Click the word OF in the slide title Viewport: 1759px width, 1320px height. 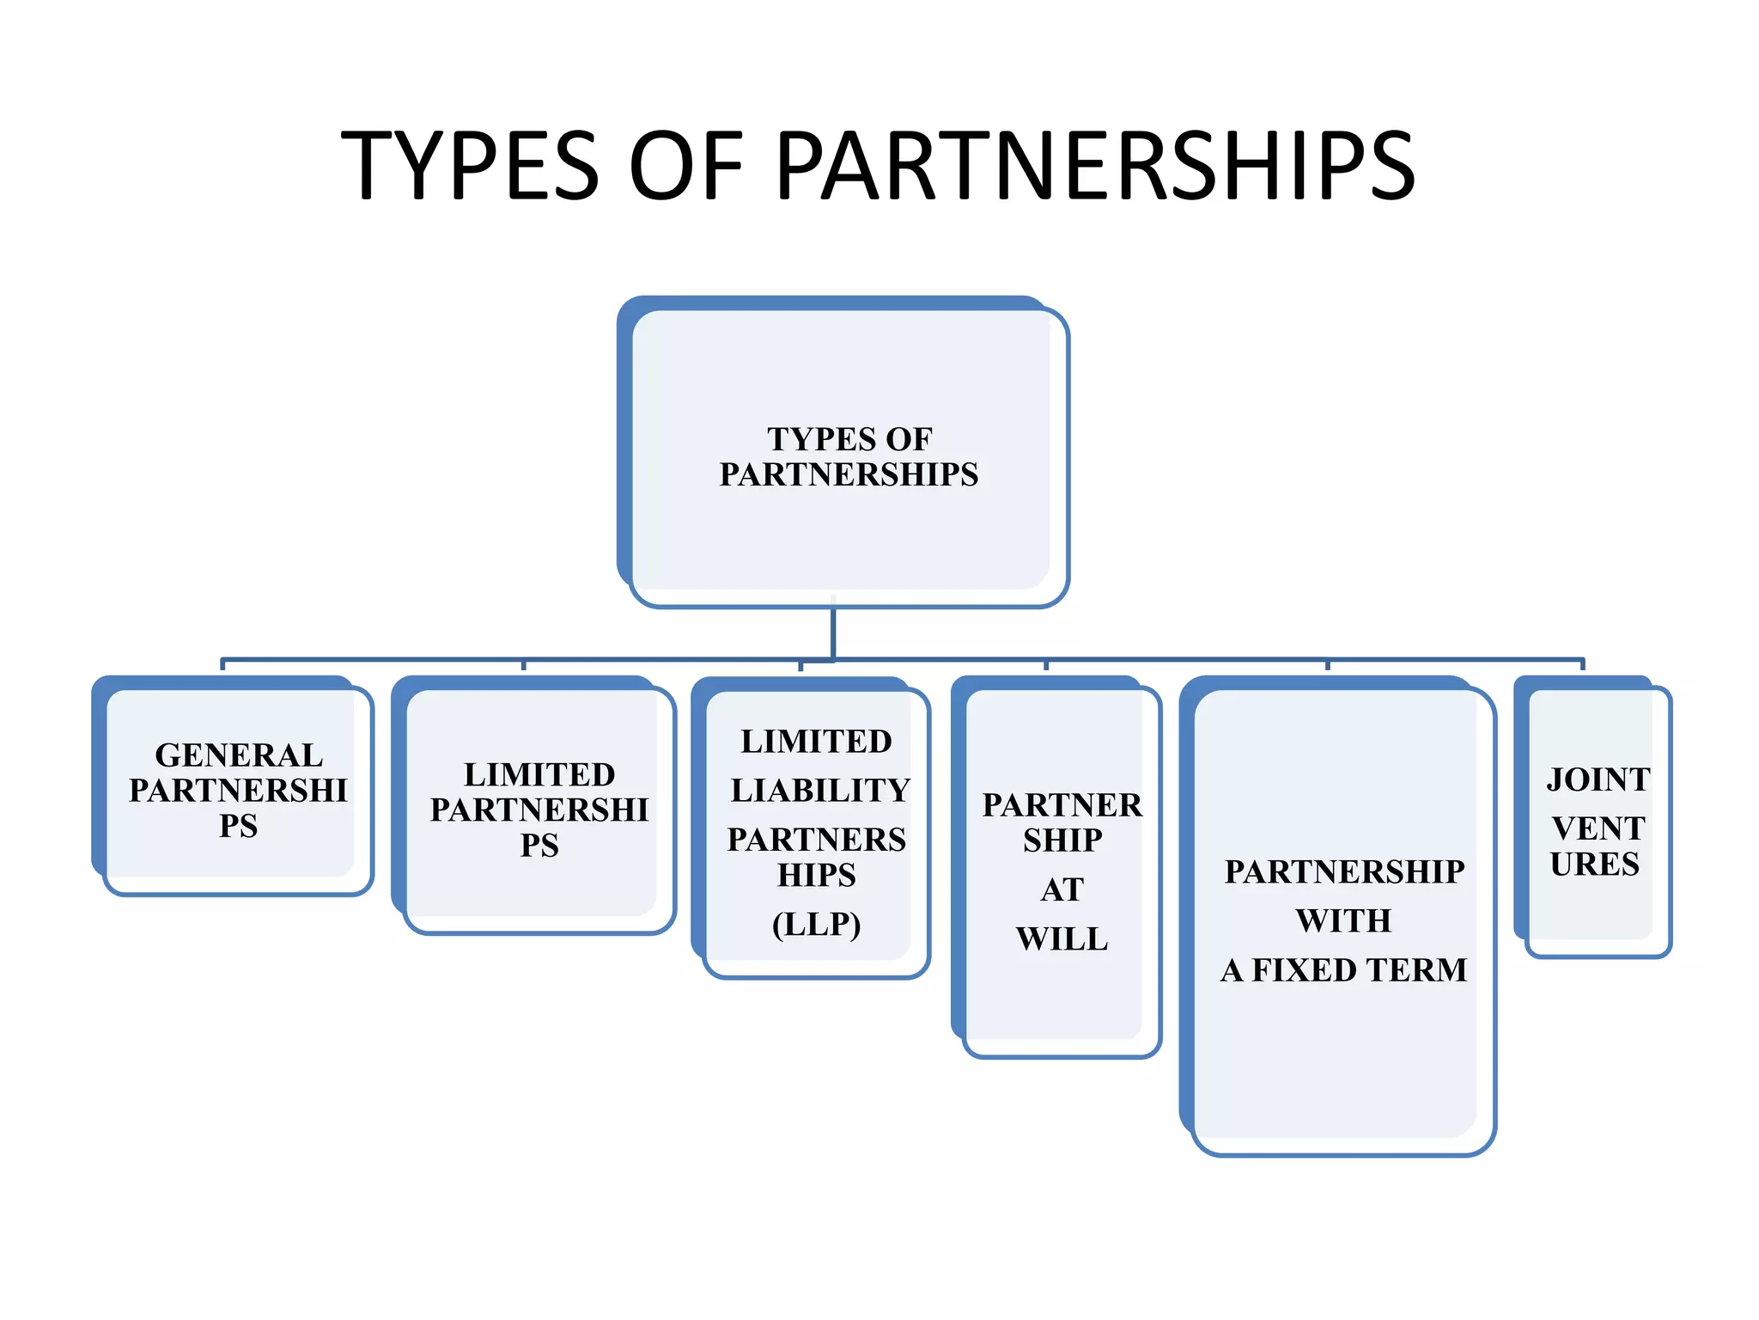pos(685,165)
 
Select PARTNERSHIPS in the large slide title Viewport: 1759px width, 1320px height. pos(1095,165)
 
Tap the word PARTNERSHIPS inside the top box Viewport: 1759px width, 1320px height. pos(849,474)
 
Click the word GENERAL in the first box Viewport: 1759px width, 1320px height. pos(239,755)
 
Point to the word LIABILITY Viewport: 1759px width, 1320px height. pos(820,791)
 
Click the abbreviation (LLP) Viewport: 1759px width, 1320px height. pos(816,925)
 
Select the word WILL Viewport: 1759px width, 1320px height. pos(1062,939)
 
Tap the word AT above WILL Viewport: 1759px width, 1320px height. pos(1062,889)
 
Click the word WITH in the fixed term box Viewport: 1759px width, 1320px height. pos(1343,921)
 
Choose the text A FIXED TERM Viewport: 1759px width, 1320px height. pos(1343,970)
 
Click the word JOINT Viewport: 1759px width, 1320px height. pos(1598,779)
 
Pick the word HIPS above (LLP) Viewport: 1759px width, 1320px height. pos(816,875)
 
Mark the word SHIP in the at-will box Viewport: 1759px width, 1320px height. pos(1062,840)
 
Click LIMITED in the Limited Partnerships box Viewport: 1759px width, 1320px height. pos(539,774)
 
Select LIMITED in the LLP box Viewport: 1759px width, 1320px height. pos(816,742)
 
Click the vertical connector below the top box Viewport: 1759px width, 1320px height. pos(833,634)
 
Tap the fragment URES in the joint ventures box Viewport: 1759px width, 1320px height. pos(1595,864)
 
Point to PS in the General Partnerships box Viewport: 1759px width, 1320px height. pos(238,826)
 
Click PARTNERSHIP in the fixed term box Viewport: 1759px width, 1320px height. pos(1344,871)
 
